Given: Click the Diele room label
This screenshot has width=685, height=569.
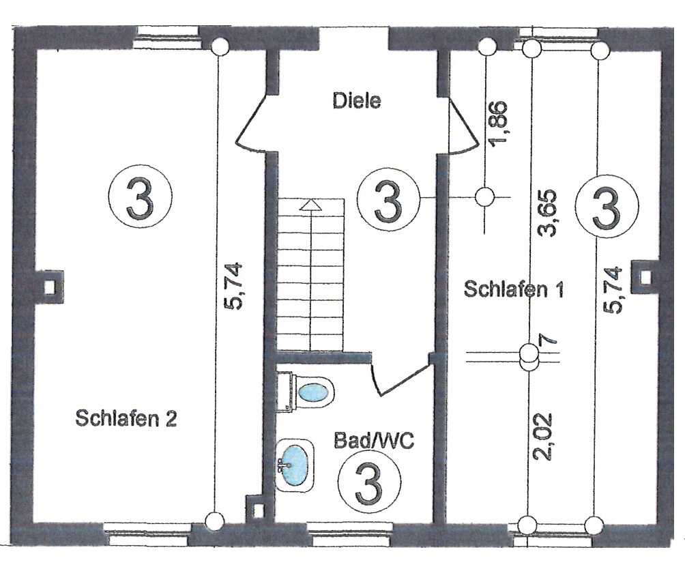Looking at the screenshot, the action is tap(356, 102).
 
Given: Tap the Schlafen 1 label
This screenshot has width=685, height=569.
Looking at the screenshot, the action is tap(514, 289).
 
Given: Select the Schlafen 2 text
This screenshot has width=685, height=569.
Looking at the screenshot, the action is tap(126, 418).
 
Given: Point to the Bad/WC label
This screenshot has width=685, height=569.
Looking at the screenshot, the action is tap(374, 439).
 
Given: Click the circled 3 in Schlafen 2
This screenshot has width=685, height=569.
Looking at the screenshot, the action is tap(141, 198).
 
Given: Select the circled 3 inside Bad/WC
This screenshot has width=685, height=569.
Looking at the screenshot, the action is tap(369, 482).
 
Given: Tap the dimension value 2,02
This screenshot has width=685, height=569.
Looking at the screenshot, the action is tap(546, 437).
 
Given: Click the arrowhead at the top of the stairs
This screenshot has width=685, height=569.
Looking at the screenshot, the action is tap(311, 204).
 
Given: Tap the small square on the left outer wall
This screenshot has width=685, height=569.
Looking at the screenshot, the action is tap(49, 286).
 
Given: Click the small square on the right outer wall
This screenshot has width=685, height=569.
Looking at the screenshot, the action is tap(645, 277).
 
